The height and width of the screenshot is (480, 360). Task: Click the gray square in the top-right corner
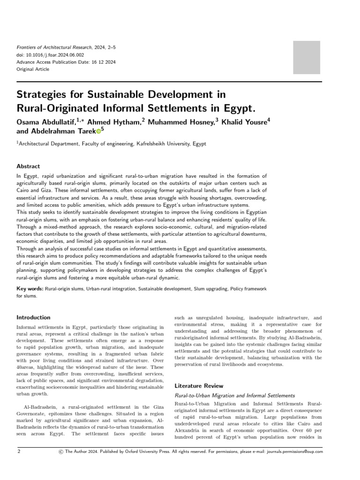307,57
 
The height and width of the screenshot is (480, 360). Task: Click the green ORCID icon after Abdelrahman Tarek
98,131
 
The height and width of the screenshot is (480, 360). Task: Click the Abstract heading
28,166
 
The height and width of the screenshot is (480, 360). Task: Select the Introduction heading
33,317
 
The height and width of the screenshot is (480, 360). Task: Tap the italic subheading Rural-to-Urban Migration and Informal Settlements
234,396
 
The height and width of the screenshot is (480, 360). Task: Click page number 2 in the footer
19,451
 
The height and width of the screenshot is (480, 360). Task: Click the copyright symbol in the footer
60,451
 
